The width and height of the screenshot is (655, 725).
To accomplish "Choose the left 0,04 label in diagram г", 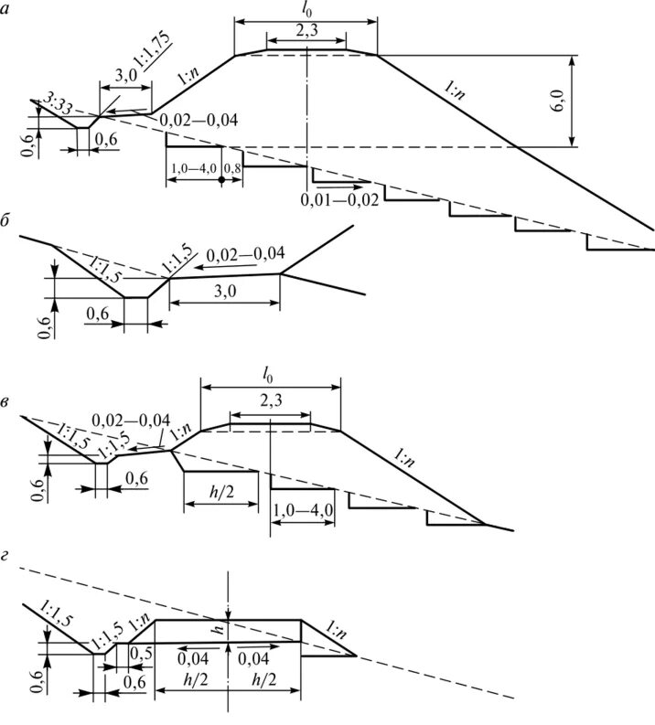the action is (190, 658).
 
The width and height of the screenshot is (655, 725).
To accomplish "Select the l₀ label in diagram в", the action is (270, 374).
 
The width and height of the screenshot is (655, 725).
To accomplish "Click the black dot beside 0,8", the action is (221, 181).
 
